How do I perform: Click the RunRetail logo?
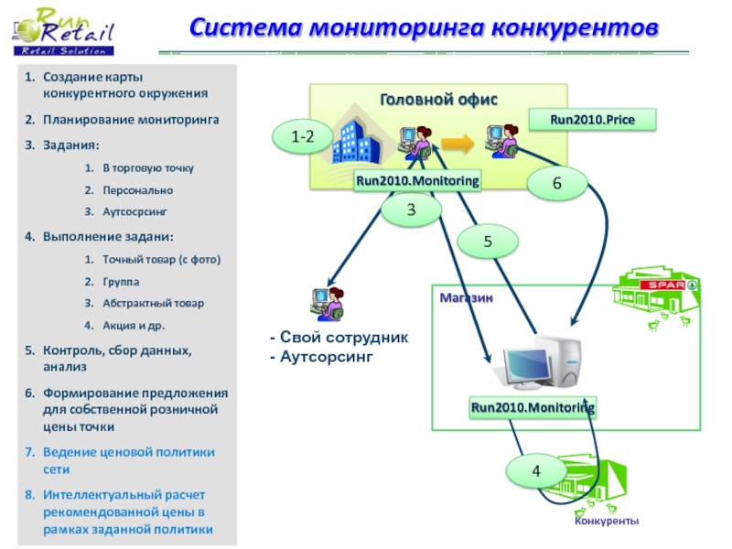click(x=63, y=33)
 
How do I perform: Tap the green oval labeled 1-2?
click(x=303, y=136)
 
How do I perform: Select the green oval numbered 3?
click(x=411, y=210)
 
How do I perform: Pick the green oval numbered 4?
click(x=536, y=470)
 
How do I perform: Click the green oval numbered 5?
click(x=488, y=242)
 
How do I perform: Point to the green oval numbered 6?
click(x=557, y=183)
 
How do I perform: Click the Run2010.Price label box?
click(x=592, y=120)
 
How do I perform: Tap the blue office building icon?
click(x=356, y=140)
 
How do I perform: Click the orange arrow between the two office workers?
click(x=457, y=143)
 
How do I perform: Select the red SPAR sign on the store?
click(x=662, y=285)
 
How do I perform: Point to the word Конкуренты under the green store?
click(x=607, y=521)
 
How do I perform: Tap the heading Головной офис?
click(x=438, y=100)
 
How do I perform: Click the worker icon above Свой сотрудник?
click(x=328, y=304)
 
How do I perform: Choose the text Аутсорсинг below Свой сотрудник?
click(x=327, y=357)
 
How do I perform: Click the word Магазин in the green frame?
click(x=466, y=298)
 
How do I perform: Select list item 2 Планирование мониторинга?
click(x=122, y=120)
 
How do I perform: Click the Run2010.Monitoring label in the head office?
click(x=417, y=180)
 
